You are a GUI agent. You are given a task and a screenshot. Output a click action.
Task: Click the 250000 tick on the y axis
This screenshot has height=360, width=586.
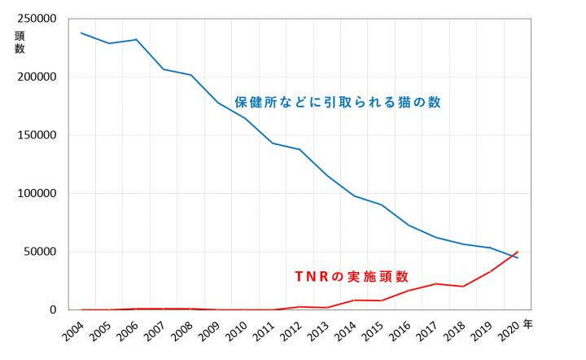pyautogui.click(x=35, y=19)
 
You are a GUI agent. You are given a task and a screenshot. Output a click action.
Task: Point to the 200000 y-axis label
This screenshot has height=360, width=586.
pyautogui.click(x=35, y=77)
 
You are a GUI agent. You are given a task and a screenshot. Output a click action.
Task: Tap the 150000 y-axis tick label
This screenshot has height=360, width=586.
pyautogui.click(x=35, y=135)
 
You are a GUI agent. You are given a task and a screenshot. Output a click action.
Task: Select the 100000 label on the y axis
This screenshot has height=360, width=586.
pyautogui.click(x=35, y=194)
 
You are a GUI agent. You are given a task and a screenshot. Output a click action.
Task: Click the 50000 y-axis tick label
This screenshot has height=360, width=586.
pyautogui.click(x=38, y=252)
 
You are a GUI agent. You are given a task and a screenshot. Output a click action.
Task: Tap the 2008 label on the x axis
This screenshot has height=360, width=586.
pyautogui.click(x=181, y=333)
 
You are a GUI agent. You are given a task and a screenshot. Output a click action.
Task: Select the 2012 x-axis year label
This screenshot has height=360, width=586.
pyautogui.click(x=290, y=333)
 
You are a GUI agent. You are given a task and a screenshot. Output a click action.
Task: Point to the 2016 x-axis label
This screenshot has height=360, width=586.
pyautogui.click(x=398, y=333)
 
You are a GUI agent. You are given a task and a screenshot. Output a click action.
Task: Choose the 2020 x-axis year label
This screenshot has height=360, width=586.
pyautogui.click(x=505, y=333)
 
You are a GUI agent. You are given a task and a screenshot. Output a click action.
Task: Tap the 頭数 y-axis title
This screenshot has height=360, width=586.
pyautogui.click(x=20, y=42)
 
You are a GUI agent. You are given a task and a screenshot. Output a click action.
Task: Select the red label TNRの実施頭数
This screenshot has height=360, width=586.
pyautogui.click(x=350, y=276)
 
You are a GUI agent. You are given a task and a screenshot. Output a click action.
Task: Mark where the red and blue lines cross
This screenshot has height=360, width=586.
pyautogui.click(x=512, y=256)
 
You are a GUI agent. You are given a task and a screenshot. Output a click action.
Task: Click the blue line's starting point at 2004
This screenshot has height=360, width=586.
pyautogui.click(x=82, y=33)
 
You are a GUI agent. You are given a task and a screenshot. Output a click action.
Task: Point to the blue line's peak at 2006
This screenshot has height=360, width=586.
pyautogui.click(x=136, y=39)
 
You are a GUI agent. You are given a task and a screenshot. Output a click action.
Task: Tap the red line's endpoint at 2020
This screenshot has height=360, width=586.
pyautogui.click(x=518, y=252)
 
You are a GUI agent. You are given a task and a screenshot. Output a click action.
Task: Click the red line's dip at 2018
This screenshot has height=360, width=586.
pyautogui.click(x=463, y=287)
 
